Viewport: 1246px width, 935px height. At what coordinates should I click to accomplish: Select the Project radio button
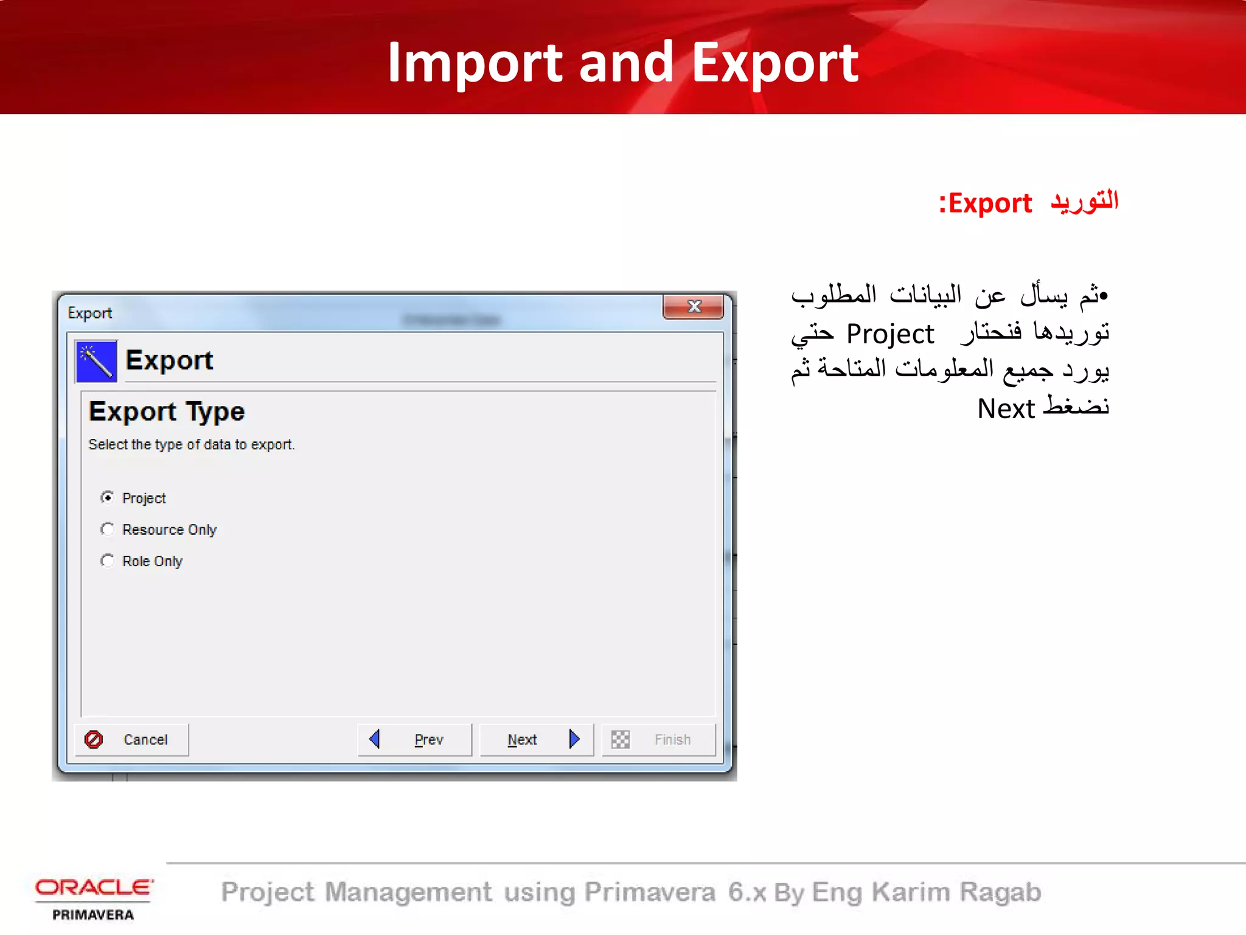coord(108,498)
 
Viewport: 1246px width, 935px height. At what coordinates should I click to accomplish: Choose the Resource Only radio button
coord(108,530)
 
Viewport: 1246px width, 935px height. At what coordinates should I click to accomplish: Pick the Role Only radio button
coord(108,561)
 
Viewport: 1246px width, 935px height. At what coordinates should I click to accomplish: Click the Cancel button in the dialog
coord(132,740)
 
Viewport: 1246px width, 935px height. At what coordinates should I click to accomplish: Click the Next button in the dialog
coord(536,740)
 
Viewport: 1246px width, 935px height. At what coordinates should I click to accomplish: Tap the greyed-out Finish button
coord(658,740)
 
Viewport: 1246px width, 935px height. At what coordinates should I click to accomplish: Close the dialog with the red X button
coord(694,306)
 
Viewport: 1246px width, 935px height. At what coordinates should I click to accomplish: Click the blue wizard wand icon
coord(96,361)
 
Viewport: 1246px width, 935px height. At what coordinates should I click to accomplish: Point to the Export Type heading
coord(167,412)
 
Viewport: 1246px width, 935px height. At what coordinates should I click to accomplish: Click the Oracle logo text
coord(94,888)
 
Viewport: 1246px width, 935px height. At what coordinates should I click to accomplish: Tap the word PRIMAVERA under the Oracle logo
coord(93,915)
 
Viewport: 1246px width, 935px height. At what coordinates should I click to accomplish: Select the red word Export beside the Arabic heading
coord(990,203)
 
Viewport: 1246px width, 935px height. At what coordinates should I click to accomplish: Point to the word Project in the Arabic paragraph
coord(889,334)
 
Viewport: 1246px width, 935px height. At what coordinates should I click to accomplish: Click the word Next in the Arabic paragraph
coord(1006,408)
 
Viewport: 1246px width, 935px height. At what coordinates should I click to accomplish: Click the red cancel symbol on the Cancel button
coord(94,740)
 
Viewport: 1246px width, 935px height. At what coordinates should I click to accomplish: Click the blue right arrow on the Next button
coord(574,739)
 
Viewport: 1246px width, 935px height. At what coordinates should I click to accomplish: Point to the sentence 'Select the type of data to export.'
coord(192,445)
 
